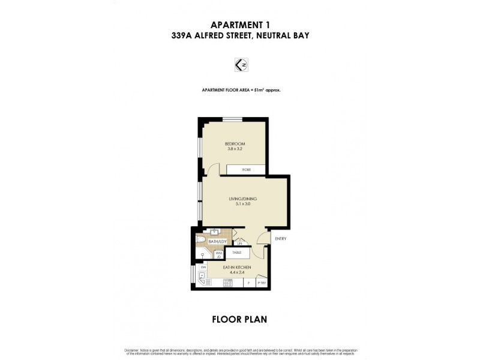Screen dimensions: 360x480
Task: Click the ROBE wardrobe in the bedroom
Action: click(247, 170)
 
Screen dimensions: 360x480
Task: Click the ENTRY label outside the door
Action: click(281, 239)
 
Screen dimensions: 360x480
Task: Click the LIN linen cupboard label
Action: click(239, 244)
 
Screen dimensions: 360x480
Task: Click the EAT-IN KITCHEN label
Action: click(236, 266)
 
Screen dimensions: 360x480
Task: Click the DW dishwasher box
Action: click(204, 267)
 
